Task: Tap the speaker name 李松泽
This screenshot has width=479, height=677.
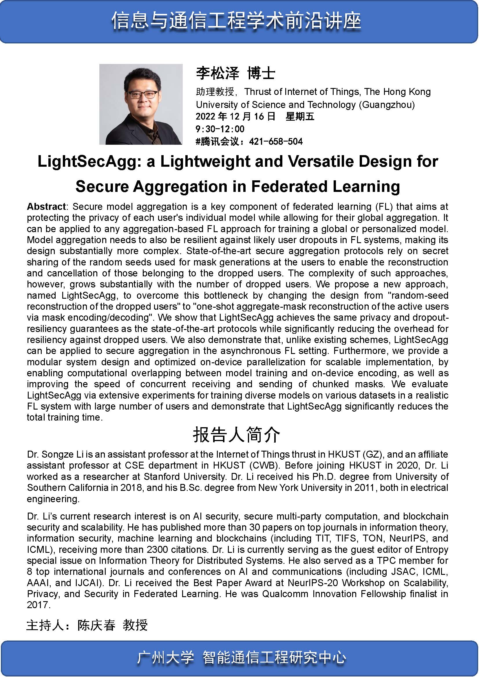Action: tap(217, 73)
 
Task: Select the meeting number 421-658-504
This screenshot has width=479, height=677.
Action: tap(276, 142)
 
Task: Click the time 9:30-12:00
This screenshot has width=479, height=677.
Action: tap(220, 129)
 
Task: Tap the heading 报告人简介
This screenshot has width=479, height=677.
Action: tap(237, 435)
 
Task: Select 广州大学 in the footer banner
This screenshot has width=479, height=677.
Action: tap(165, 658)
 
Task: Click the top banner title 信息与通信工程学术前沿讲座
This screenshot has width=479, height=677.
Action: tap(236, 21)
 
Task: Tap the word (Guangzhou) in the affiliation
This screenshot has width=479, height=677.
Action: tap(387, 105)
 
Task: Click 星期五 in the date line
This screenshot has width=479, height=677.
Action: tap(300, 116)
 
